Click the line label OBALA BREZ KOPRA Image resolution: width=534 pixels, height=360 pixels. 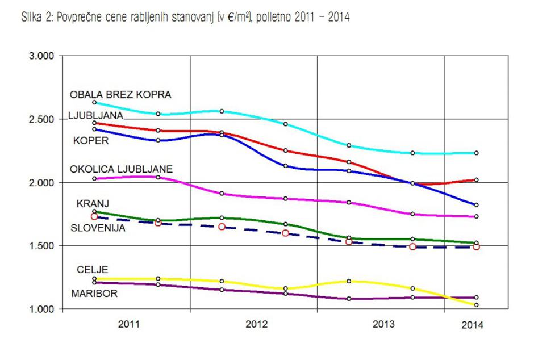pyautogui.click(x=120, y=94)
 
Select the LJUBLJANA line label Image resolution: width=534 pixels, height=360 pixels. pyautogui.click(x=95, y=116)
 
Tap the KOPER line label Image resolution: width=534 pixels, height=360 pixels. pyautogui.click(x=91, y=141)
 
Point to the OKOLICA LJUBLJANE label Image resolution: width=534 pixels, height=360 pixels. pyautogui.click(x=121, y=169)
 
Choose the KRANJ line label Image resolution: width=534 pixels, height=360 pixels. pyautogui.click(x=93, y=203)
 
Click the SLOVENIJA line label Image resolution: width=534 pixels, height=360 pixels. pyautogui.click(x=97, y=228)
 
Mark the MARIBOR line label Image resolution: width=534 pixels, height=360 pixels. pyautogui.click(x=95, y=293)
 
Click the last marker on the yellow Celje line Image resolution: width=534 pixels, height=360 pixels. pyautogui.click(x=476, y=305)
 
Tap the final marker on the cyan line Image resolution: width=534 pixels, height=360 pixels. pyautogui.click(x=476, y=153)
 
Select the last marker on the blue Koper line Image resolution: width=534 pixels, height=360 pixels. pyautogui.click(x=476, y=205)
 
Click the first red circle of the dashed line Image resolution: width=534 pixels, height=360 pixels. pyautogui.click(x=94, y=216)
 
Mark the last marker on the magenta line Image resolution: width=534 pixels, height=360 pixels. pyautogui.click(x=476, y=216)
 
